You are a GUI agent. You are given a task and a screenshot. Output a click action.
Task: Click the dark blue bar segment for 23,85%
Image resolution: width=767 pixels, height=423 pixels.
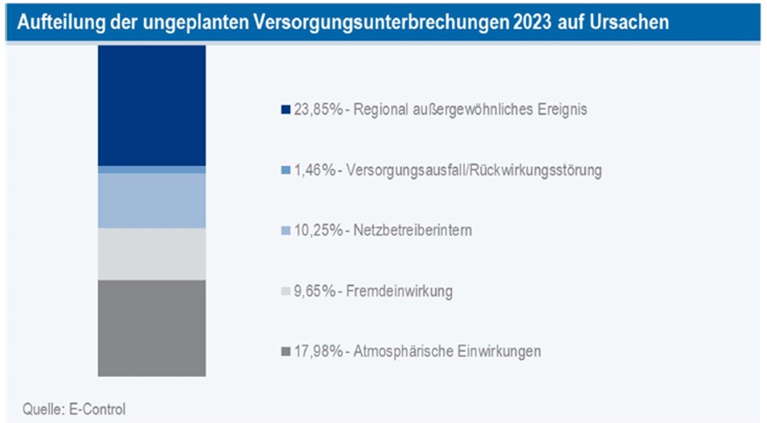(x=151, y=105)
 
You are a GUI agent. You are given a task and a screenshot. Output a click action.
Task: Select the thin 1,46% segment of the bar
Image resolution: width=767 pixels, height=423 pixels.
(x=151, y=169)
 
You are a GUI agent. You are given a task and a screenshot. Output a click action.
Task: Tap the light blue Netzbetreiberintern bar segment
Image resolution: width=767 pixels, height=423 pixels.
(x=151, y=201)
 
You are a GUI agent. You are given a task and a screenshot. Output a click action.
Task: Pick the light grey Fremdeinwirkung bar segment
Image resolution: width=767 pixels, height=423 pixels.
(x=151, y=254)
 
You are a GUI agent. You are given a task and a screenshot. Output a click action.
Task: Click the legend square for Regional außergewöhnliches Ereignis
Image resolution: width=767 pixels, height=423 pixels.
(x=286, y=110)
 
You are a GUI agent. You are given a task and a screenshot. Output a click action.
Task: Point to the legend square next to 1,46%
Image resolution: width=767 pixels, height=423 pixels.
(x=286, y=170)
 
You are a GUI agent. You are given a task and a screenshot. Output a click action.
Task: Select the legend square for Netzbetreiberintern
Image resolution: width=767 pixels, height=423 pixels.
(x=286, y=230)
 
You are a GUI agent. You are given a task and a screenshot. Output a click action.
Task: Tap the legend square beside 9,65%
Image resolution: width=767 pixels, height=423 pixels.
(x=286, y=291)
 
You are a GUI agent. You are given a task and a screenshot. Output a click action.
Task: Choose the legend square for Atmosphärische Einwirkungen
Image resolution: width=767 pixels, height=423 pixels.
(x=286, y=351)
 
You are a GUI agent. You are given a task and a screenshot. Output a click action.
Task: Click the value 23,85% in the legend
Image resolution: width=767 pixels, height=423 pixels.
(x=316, y=110)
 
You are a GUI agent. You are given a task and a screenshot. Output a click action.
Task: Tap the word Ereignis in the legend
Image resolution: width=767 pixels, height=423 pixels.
(x=562, y=110)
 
